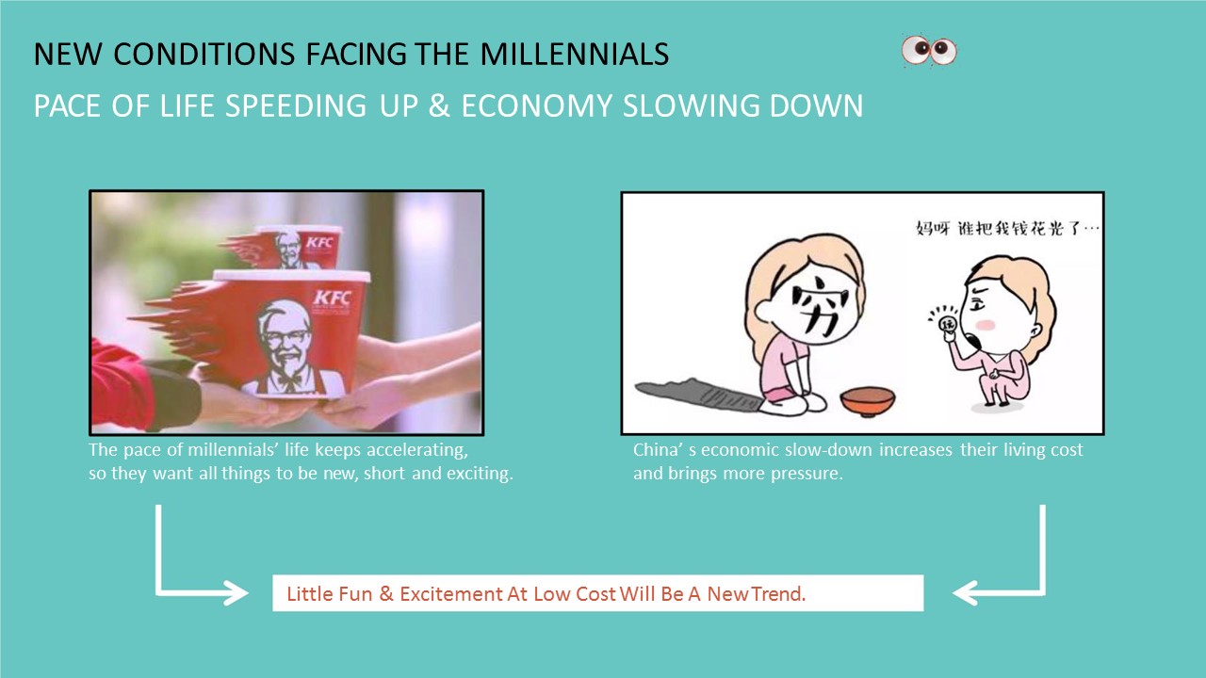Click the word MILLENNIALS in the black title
[574, 54]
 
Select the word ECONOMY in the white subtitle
[537, 106]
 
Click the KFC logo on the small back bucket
[319, 243]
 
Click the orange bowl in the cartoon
[868, 402]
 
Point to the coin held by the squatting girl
[947, 325]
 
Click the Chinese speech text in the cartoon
[1007, 229]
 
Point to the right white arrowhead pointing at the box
[965, 593]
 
